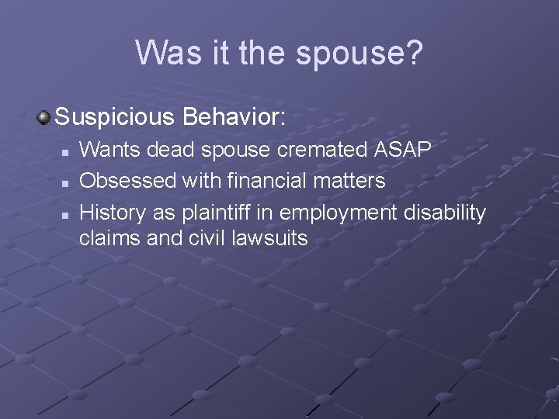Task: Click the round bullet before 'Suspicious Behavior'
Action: point(44,118)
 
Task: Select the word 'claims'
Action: point(109,239)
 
